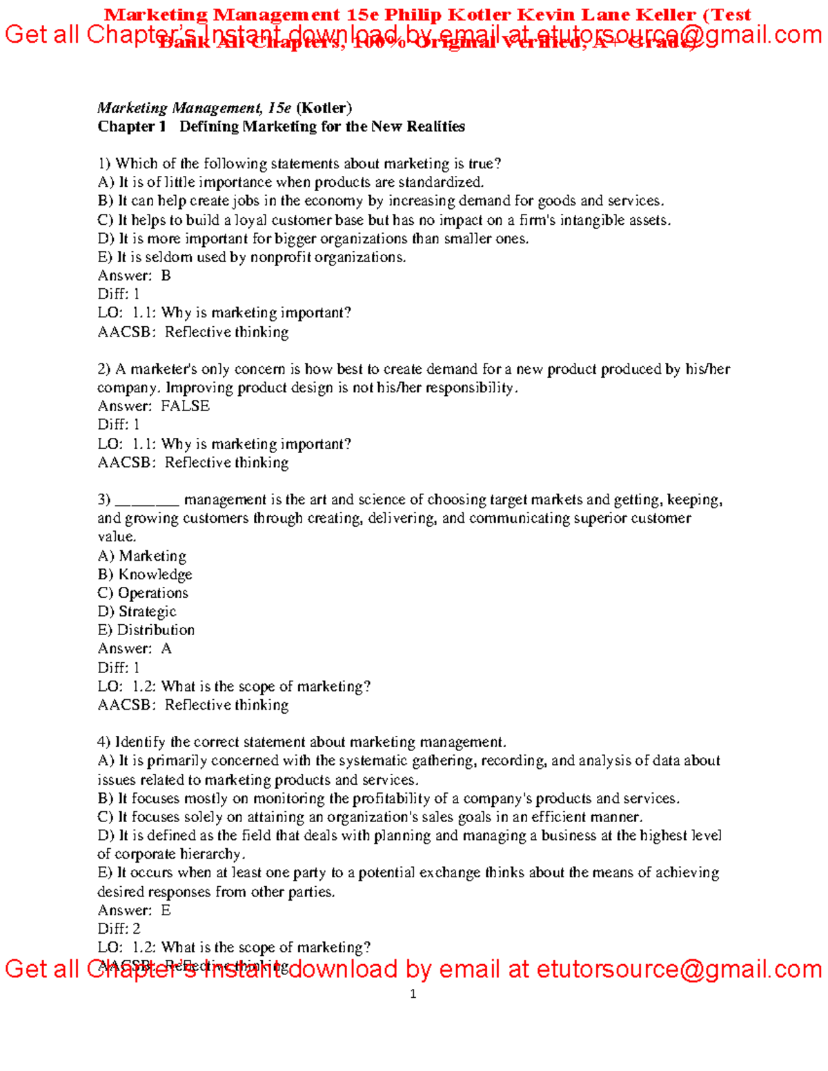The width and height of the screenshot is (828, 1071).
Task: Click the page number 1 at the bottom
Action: (x=413, y=994)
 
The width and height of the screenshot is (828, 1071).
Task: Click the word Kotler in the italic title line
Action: (x=324, y=108)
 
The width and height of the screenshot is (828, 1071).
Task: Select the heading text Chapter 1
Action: (x=132, y=126)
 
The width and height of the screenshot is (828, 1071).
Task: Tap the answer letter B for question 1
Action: (x=166, y=276)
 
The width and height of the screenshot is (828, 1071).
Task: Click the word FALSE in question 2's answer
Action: (x=185, y=406)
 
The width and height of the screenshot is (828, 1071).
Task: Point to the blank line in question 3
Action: (x=146, y=500)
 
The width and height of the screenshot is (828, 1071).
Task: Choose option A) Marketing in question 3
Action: (x=142, y=556)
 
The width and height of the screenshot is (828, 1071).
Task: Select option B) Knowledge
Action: (x=145, y=574)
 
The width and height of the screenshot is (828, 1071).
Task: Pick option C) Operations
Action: (x=143, y=593)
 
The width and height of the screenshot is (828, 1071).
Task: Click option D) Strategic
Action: (x=137, y=612)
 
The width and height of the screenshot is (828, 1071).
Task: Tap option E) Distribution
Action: (x=146, y=630)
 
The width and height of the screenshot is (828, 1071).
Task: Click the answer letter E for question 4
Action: (x=166, y=910)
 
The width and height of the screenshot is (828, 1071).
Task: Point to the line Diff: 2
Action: (x=119, y=929)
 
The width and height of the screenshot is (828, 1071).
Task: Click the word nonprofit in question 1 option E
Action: (x=280, y=257)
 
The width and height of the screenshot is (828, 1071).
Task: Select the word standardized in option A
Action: (x=446, y=182)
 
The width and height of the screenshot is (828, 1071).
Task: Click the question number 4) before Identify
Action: (x=103, y=742)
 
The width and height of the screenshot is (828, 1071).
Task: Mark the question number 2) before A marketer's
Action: (x=103, y=369)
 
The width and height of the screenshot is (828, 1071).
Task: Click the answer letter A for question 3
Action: (x=166, y=649)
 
